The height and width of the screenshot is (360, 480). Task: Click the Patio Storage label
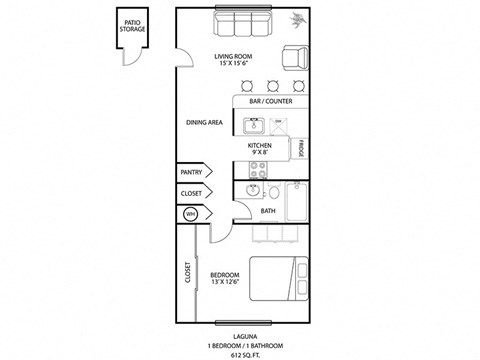132,26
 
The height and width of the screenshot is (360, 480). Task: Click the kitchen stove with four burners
260,169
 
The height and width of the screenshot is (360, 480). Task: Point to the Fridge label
300,149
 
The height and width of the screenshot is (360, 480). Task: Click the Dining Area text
203,123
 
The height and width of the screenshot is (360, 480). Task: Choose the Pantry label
191,172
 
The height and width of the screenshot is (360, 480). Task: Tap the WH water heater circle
190,213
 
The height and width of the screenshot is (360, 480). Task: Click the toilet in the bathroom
254,191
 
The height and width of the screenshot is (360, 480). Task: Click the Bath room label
268,211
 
